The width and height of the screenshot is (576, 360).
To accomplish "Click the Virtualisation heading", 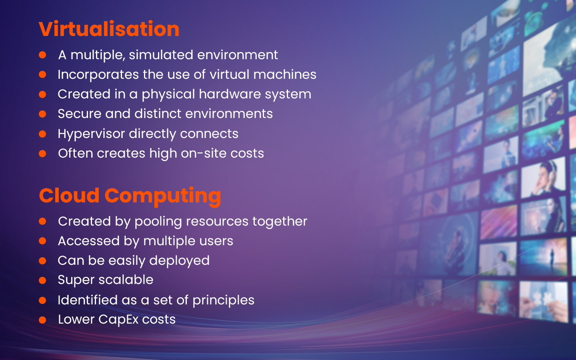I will (109, 29).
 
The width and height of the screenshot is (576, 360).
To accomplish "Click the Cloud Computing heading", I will (130, 196).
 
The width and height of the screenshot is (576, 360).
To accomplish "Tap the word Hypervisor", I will (91, 134).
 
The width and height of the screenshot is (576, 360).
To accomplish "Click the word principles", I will (223, 300).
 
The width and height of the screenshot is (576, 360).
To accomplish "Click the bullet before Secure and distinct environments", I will (43, 114).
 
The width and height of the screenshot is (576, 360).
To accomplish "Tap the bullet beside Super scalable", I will (43, 280).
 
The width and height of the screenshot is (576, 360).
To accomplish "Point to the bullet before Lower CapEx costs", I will (43, 320).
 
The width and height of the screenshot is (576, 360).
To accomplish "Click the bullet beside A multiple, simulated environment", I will (43, 55).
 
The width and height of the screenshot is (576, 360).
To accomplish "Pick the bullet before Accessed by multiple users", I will (43, 241).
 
